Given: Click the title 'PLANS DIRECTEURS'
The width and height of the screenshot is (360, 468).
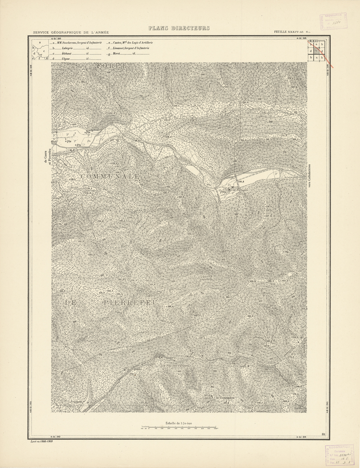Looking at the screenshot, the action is point(179,29).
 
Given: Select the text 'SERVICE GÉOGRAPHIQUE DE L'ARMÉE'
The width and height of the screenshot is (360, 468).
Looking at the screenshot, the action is point(71,33).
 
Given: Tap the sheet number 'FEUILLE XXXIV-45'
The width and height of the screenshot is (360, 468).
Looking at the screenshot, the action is point(289,33).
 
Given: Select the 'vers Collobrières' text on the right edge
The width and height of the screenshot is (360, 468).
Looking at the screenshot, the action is point(309,175).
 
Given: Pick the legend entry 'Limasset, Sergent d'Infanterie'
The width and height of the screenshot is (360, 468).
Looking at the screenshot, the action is point(132,48).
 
